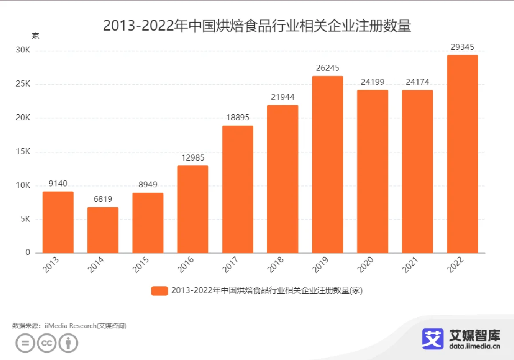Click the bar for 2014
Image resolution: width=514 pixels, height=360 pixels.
tap(103, 230)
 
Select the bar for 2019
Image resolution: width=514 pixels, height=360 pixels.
tap(327, 164)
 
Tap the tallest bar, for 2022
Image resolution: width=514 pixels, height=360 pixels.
tap(462, 154)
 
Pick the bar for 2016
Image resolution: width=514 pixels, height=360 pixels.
tap(192, 209)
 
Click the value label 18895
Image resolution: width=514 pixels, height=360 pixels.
tap(238, 118)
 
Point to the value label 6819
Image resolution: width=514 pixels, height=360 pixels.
tap(103, 199)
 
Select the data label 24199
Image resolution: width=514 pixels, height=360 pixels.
tap(372, 82)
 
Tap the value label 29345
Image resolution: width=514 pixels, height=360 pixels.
tap(462, 47)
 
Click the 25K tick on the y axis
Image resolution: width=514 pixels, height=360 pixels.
tap(22, 84)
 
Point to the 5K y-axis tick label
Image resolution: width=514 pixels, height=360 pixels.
tap(24, 219)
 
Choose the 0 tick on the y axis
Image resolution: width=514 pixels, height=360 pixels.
tap(27, 253)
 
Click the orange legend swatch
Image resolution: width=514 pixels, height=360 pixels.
tap(159, 291)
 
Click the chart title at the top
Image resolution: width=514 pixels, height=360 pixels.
tap(257, 25)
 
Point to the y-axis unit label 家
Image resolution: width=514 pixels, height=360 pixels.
tap(35, 36)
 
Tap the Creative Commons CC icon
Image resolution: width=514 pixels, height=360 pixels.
tap(46, 343)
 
